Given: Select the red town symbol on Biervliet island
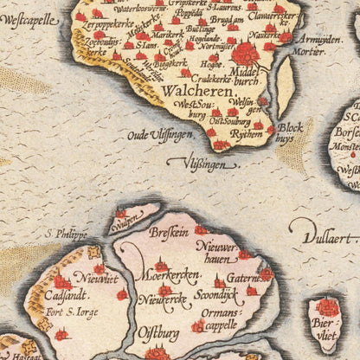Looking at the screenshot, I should [x=327, y=307].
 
